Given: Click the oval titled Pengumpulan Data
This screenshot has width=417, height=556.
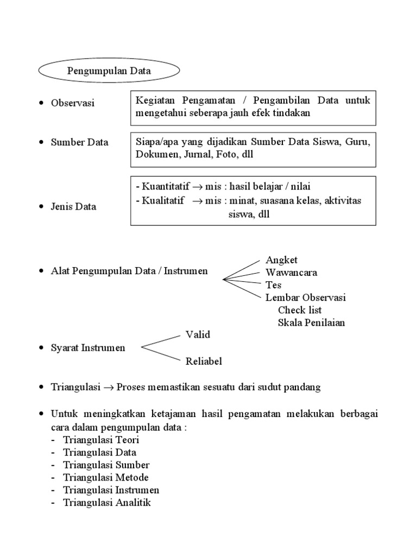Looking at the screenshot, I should click(109, 71).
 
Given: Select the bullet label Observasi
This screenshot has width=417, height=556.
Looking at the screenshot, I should click(72, 103).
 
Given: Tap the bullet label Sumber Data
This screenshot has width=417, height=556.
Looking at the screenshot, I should click(79, 142).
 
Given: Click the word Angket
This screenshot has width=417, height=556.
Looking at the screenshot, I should click(281, 260).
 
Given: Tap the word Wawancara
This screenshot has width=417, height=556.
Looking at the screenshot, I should click(291, 273).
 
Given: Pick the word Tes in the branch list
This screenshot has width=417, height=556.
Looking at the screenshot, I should click(273, 285).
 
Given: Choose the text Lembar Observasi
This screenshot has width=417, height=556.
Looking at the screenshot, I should click(305, 298).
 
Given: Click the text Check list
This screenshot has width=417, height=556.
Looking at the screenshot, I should click(300, 310).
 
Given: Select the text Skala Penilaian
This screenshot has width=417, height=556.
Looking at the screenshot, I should click(311, 323).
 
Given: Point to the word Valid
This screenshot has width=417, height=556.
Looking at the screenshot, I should click(198, 334).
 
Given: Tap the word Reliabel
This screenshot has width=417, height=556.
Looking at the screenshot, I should click(204, 361).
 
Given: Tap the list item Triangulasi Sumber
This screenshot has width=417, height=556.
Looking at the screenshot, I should click(106, 465).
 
